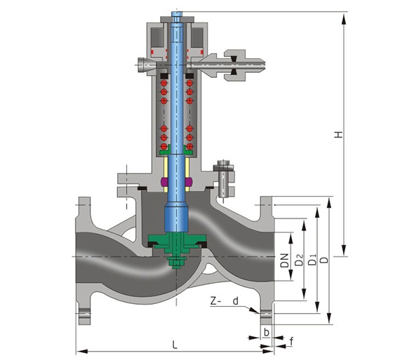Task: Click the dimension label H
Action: coord(339,134)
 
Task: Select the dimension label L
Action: coord(174,345)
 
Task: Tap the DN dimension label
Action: coord(285,261)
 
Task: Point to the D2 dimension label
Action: coord(299,259)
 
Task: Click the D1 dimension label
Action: coord(312,259)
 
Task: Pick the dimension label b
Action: coord(266,332)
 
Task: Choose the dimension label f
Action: coord(291,342)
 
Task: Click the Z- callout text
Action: coord(216,301)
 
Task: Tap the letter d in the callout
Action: coord(235,301)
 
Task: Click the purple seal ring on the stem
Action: coord(176,182)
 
